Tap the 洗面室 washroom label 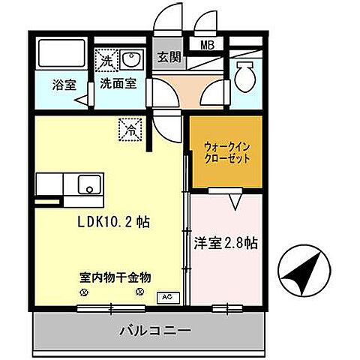[118, 84]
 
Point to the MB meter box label [205, 43]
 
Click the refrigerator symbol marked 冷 [130, 130]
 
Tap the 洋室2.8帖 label [226, 244]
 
